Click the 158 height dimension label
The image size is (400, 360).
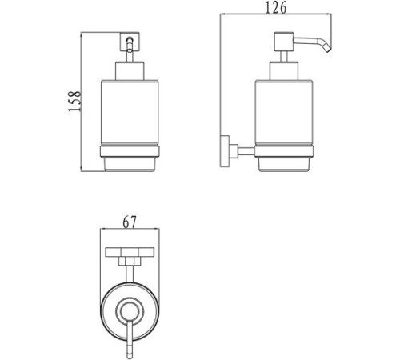pyautogui.click(x=74, y=102)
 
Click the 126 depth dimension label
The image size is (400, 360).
pyautogui.click(x=276, y=8)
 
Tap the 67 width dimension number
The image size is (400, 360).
pyautogui.click(x=130, y=222)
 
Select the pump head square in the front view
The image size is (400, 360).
pyautogui.click(x=130, y=42)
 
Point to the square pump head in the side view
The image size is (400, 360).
pyautogui.click(x=284, y=42)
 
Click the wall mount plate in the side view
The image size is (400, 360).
pyautogui.click(x=225, y=151)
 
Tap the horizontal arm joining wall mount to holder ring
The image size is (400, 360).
pyautogui.click(x=246, y=151)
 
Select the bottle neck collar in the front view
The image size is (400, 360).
pyautogui.click(x=130, y=71)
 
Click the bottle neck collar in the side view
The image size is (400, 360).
pyautogui.click(x=284, y=71)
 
